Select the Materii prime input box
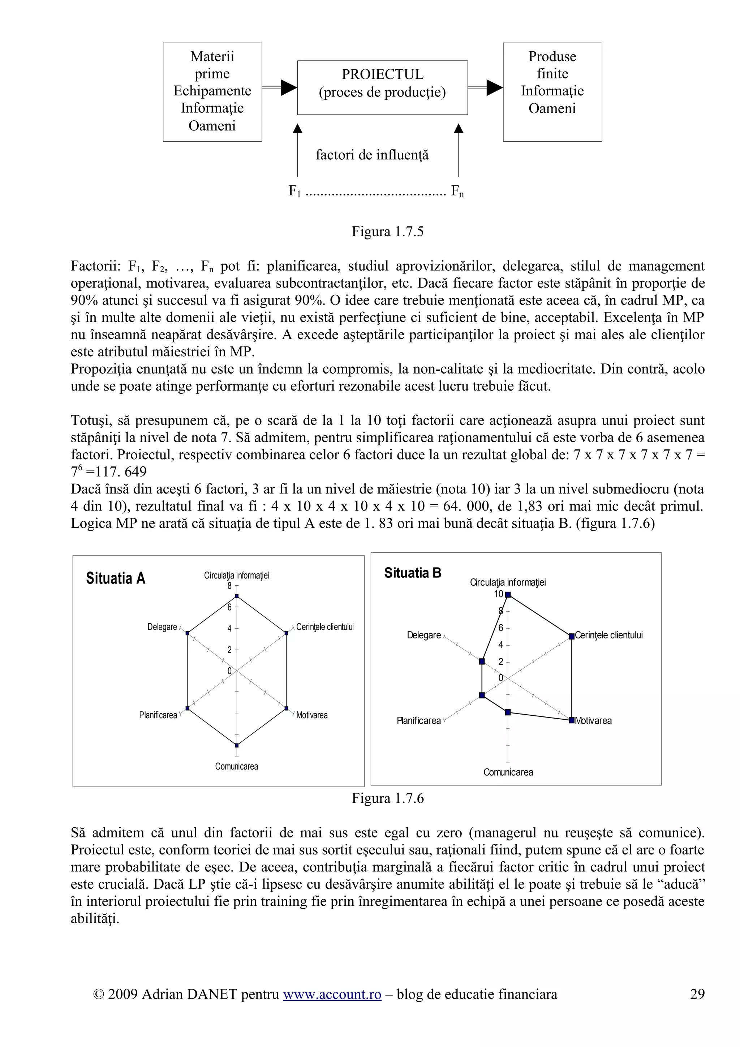click(x=212, y=92)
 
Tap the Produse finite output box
click(x=552, y=92)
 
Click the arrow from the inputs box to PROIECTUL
click(x=280, y=87)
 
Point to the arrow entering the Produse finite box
click(x=486, y=87)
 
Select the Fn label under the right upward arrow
click(x=457, y=191)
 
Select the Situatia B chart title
click(x=413, y=573)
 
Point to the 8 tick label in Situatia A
click(x=230, y=586)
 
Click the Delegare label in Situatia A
click(x=162, y=627)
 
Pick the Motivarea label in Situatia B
click(x=593, y=720)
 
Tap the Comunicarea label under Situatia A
click(x=236, y=767)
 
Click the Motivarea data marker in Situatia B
click(x=571, y=720)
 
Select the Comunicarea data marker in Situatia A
click(x=236, y=745)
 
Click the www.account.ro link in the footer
click(x=332, y=1007)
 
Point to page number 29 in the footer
click(x=697, y=1007)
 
